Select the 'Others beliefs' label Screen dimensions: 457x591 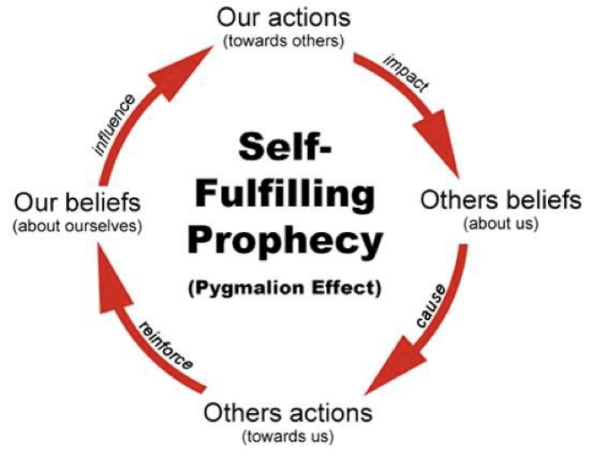[501, 200]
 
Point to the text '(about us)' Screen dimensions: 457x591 [501, 223]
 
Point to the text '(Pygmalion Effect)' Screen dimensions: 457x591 [286, 289]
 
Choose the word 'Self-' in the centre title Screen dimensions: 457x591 [286, 145]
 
